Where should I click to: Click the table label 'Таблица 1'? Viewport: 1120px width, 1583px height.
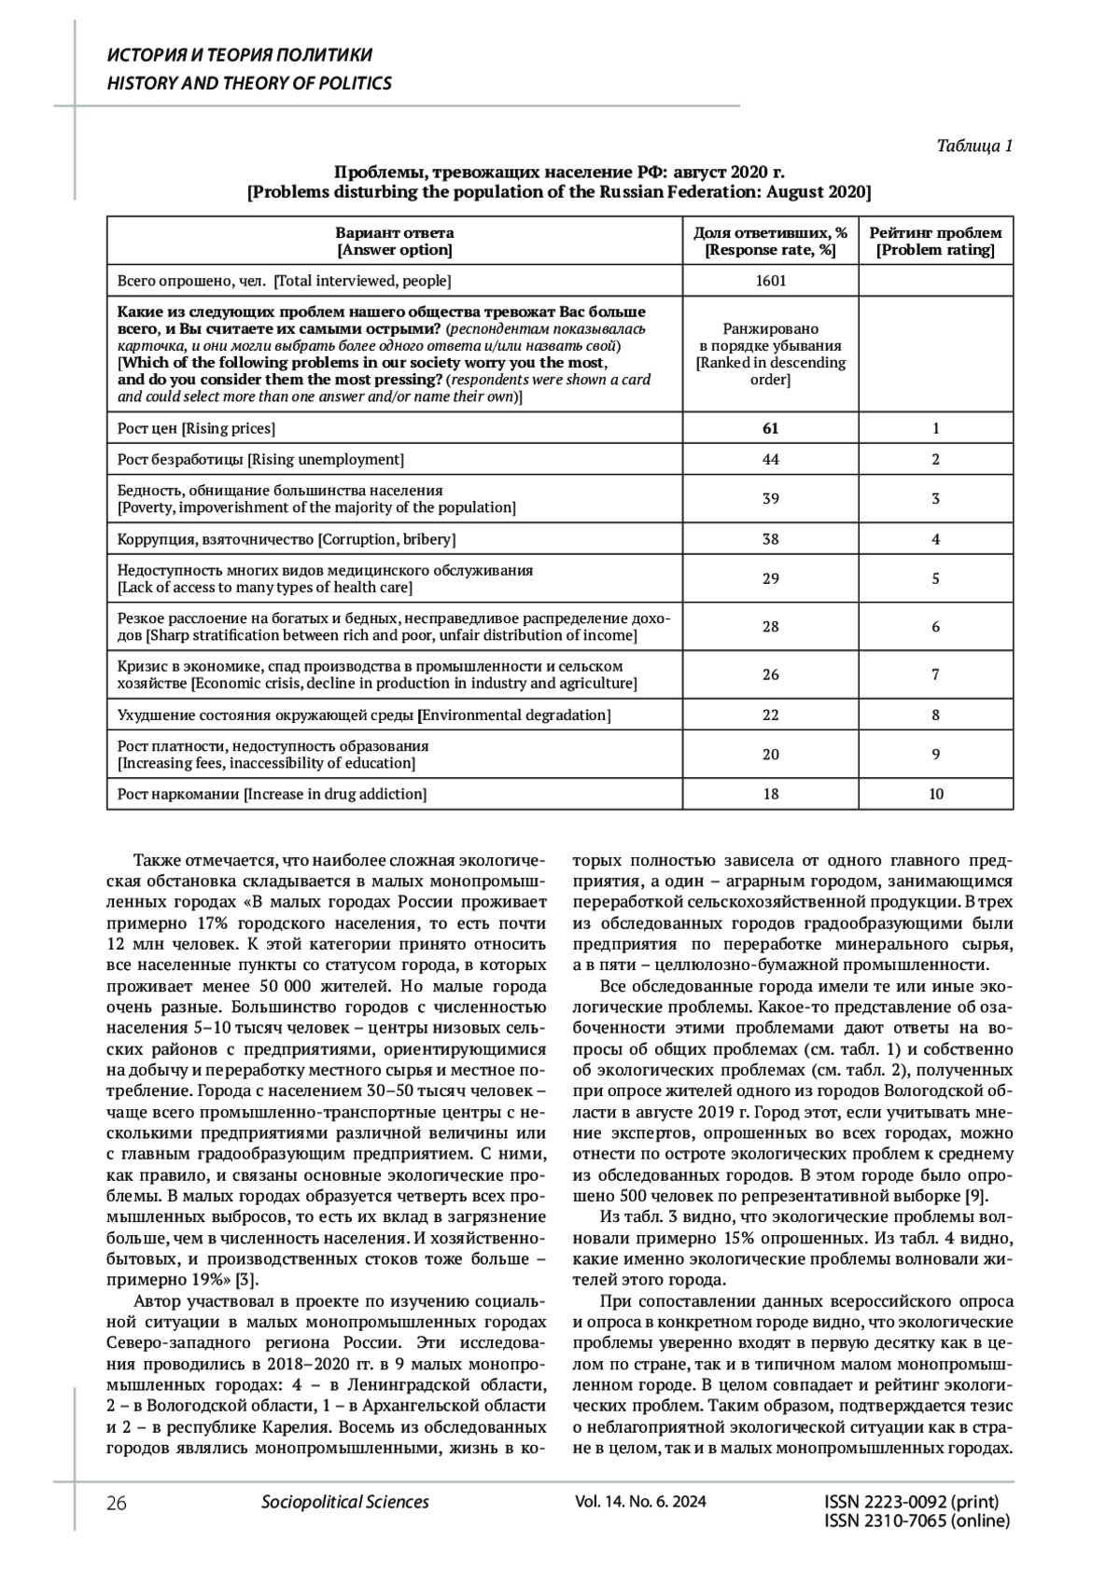[x=974, y=146]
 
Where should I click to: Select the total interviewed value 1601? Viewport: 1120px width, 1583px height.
[x=770, y=281]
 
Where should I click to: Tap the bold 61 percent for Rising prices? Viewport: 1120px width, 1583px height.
[x=770, y=428]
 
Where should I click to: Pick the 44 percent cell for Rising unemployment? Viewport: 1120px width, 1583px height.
[x=770, y=459]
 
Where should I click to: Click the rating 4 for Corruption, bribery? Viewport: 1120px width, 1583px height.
[x=935, y=539]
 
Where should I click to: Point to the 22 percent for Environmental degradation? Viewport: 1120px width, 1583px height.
[x=770, y=715]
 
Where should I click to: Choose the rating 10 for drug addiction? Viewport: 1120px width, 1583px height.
[x=935, y=794]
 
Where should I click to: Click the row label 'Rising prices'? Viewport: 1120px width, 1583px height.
[x=196, y=428]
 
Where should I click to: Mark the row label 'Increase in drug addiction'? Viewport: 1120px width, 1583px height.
[x=272, y=794]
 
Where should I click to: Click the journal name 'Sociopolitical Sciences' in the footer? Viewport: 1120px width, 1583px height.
[x=344, y=1502]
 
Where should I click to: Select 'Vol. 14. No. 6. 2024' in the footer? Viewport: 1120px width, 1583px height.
[x=640, y=1502]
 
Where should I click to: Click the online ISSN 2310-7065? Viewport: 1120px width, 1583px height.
[x=917, y=1521]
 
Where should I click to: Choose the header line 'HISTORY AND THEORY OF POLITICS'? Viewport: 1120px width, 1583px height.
[x=249, y=83]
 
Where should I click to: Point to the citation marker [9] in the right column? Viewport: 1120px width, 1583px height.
[x=973, y=1197]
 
